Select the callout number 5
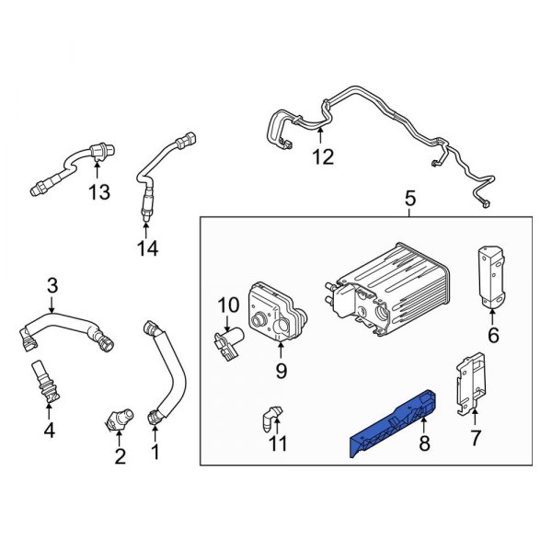[x=410, y=198]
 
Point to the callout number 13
[x=98, y=191]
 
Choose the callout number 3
[x=52, y=285]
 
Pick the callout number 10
[x=227, y=305]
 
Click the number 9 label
[x=282, y=371]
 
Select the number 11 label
[x=278, y=443]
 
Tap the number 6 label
[x=493, y=336]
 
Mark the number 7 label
[x=475, y=437]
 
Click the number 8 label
[x=424, y=443]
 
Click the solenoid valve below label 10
[x=230, y=343]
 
